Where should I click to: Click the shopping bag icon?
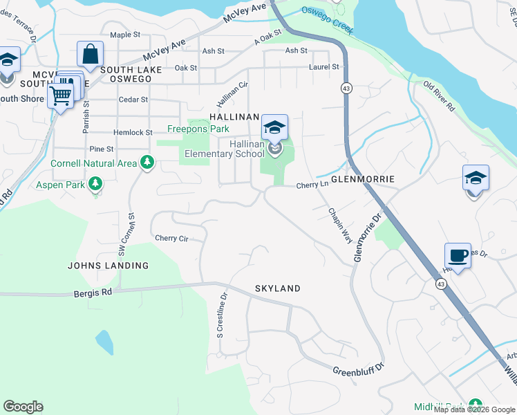click(90, 54)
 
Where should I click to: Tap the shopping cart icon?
click(61, 96)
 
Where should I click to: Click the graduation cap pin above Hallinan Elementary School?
click(274, 128)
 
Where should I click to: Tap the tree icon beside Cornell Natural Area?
click(147, 163)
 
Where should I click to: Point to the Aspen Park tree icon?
click(95, 184)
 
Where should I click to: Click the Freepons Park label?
click(198, 129)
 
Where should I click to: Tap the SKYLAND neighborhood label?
click(277, 288)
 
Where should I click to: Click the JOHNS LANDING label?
click(108, 266)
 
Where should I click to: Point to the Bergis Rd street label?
click(93, 293)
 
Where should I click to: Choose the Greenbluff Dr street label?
click(358, 371)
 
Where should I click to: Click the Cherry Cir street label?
click(171, 238)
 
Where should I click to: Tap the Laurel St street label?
click(325, 67)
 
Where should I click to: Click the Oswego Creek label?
click(328, 20)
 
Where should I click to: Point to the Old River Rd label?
click(439, 97)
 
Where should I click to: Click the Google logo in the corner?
click(23, 407)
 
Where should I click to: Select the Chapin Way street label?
click(340, 225)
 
